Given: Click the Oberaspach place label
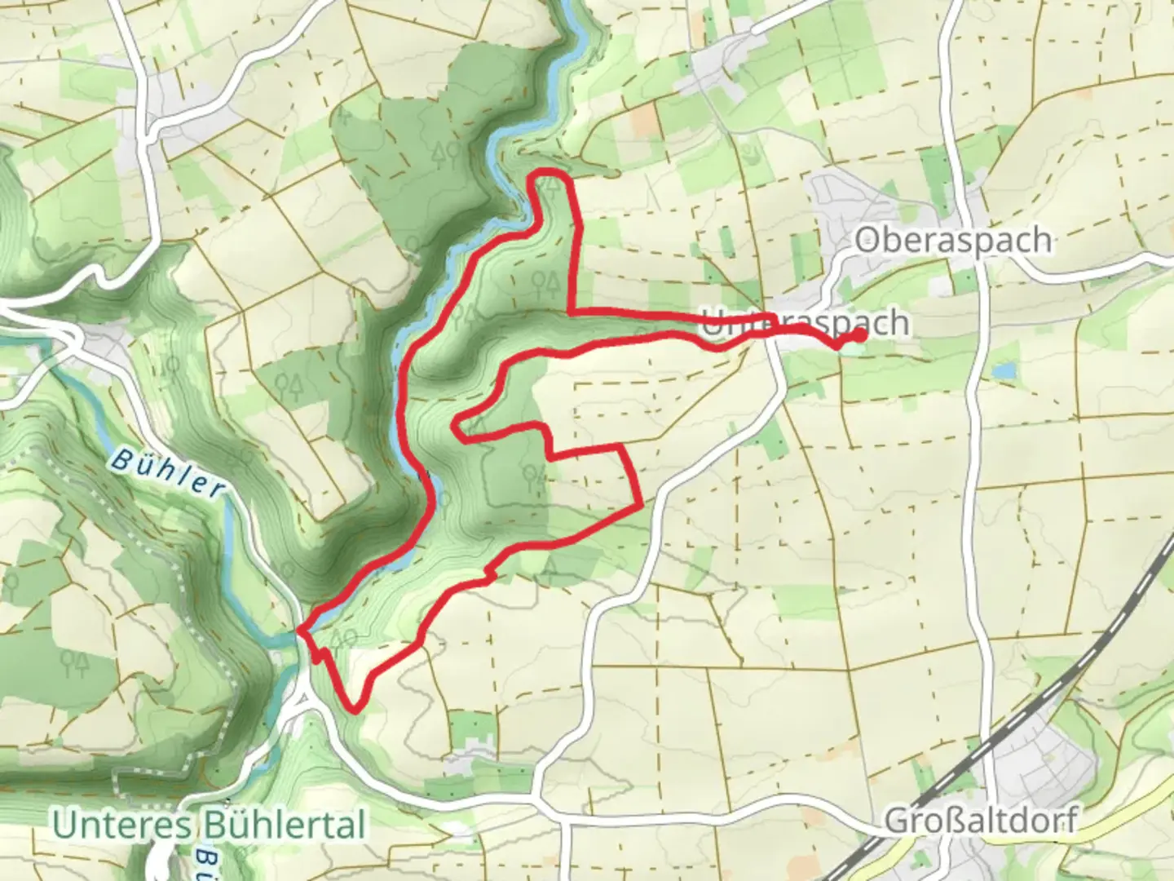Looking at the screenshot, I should (952, 241).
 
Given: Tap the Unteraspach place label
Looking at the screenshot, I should (805, 323).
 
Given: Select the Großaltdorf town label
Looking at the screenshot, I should (980, 820).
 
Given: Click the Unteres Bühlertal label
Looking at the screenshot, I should (209, 825).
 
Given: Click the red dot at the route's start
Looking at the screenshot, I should (859, 334).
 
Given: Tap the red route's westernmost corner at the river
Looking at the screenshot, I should (301, 630).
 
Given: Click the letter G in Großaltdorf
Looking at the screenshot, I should (897, 820).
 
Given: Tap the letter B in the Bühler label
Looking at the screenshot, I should (120, 458).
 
